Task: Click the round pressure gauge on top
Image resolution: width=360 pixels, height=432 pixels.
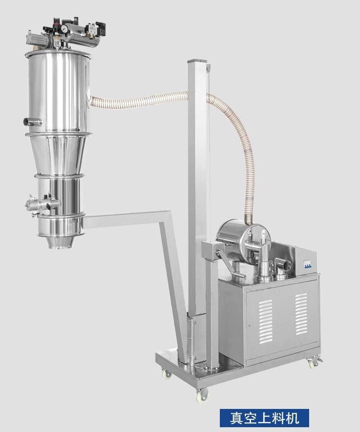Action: (64, 29)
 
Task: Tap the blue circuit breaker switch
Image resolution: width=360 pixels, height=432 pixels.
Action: (307, 264)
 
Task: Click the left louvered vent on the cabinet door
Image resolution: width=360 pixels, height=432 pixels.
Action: (265, 322)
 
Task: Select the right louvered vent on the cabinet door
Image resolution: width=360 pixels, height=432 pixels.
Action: (301, 314)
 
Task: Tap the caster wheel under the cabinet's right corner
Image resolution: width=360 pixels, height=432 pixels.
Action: (313, 363)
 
